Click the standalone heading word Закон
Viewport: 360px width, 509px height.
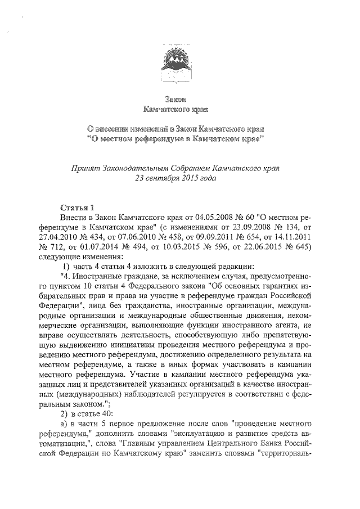[x=180, y=99]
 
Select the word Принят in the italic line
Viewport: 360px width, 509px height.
[x=84, y=168]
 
